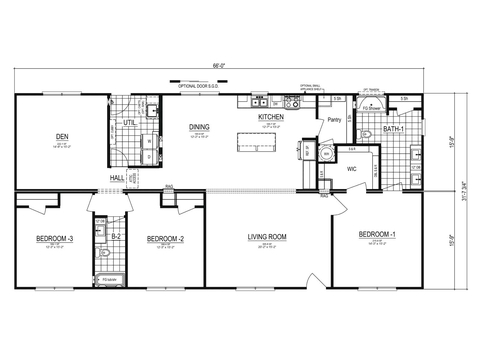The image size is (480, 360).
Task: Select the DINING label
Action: tap(199, 128)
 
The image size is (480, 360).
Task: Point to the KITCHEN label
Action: tap(271, 118)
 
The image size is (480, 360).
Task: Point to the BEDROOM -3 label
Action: tap(55, 238)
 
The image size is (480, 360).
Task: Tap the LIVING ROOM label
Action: tap(267, 238)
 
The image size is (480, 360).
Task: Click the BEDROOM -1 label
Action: tap(380, 235)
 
